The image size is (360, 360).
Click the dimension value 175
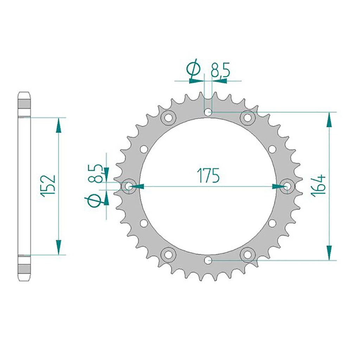click(x=208, y=176)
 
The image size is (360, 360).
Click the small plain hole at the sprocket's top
click(x=208, y=112)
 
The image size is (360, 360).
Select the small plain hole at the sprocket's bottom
click(x=208, y=261)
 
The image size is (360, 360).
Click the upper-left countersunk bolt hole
click(x=168, y=118)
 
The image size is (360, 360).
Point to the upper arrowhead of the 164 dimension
click(x=329, y=121)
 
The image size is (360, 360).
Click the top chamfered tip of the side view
click(x=24, y=95)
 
